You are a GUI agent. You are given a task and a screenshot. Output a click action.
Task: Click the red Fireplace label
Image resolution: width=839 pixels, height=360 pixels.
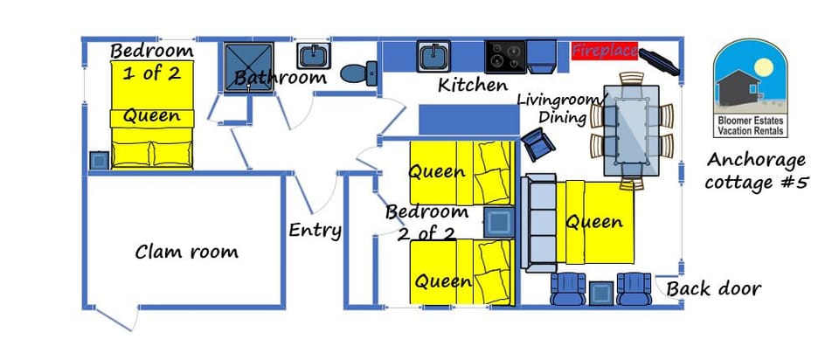tap(605, 51)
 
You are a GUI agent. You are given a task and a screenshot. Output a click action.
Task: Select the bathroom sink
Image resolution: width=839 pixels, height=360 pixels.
tap(314, 57)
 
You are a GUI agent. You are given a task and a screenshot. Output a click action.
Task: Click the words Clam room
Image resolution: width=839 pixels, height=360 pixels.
tap(186, 253)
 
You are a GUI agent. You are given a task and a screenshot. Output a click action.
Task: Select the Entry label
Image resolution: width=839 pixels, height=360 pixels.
tap(315, 231)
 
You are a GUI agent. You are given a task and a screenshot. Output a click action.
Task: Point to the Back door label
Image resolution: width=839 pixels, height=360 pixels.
tap(713, 288)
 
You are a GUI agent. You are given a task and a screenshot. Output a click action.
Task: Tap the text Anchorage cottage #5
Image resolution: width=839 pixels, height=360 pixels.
tap(757, 171)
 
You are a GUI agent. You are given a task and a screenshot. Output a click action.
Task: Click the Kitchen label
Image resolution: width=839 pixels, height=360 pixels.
tap(472, 86)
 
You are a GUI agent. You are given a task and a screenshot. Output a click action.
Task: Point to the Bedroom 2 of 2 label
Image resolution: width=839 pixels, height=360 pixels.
tap(427, 222)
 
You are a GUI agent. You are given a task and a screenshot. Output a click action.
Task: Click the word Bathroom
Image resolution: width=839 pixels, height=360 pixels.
tap(280, 78)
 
